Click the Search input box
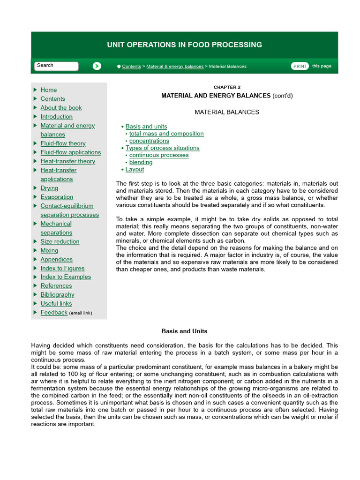[56, 66]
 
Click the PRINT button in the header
[300, 66]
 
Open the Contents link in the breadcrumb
[131, 67]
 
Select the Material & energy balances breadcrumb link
[175, 67]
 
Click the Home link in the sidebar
[49, 90]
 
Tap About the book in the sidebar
[61, 108]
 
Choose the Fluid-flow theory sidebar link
[63, 143]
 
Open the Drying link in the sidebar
[49, 188]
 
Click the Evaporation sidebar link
[57, 197]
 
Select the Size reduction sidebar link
[60, 241]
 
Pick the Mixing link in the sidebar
[49, 250]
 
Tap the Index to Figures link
[62, 268]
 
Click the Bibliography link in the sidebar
[57, 295]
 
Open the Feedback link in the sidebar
[54, 313]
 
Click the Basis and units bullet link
[146, 127]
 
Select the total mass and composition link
[166, 134]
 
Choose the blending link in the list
[141, 162]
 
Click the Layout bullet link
[135, 170]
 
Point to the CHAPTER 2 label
[227, 87]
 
